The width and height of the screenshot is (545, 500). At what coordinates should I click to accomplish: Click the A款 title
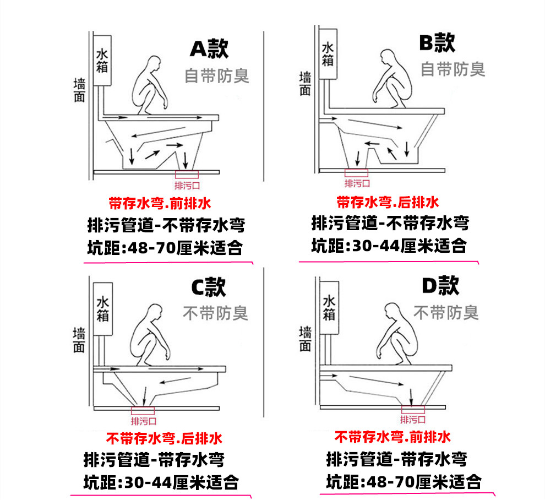click(209, 49)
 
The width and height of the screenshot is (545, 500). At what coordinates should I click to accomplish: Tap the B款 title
click(436, 43)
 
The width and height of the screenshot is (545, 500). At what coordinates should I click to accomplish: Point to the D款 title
click(440, 286)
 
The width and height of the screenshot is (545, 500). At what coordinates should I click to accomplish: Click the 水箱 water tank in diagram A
click(102, 60)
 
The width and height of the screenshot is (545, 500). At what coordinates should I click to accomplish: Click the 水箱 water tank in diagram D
click(329, 308)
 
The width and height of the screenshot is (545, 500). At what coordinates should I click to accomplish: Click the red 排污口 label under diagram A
click(187, 185)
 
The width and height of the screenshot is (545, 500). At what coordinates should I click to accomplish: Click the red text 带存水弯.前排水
click(160, 204)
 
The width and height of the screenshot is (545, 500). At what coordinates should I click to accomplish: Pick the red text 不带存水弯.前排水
click(393, 438)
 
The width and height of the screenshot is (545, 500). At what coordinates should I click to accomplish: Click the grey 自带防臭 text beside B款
click(453, 69)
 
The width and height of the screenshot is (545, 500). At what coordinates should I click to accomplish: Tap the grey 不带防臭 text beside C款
click(215, 314)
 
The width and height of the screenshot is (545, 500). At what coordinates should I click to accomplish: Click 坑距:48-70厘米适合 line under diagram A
click(165, 248)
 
